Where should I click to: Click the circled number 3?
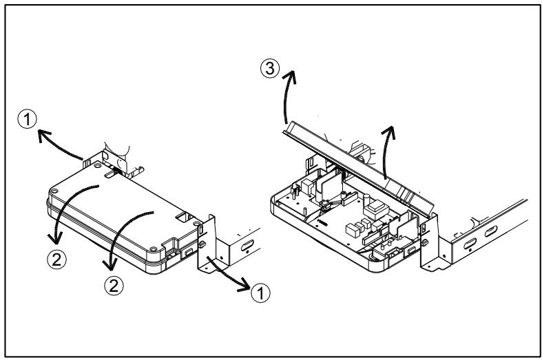pos(269,68)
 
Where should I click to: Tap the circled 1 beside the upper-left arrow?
pos(28,119)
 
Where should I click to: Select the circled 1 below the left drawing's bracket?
pos(260,293)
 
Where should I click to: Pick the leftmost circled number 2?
pos(56,260)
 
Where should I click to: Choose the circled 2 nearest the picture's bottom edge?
pos(114,286)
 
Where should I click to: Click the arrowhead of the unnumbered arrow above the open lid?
pos(389,133)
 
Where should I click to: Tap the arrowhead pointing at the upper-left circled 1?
pos(43,135)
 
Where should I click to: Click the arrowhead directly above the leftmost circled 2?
pos(55,238)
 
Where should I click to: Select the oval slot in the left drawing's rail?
pos(247,245)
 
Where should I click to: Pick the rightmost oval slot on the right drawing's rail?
pos(491,231)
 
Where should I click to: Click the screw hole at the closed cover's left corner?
pos(54,191)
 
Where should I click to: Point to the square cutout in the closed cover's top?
pos(183,218)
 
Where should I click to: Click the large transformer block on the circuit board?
pos(376,209)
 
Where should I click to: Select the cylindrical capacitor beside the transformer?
pos(366,200)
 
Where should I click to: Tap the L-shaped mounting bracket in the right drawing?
pos(435,244)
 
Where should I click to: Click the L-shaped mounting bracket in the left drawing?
pos(211,244)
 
